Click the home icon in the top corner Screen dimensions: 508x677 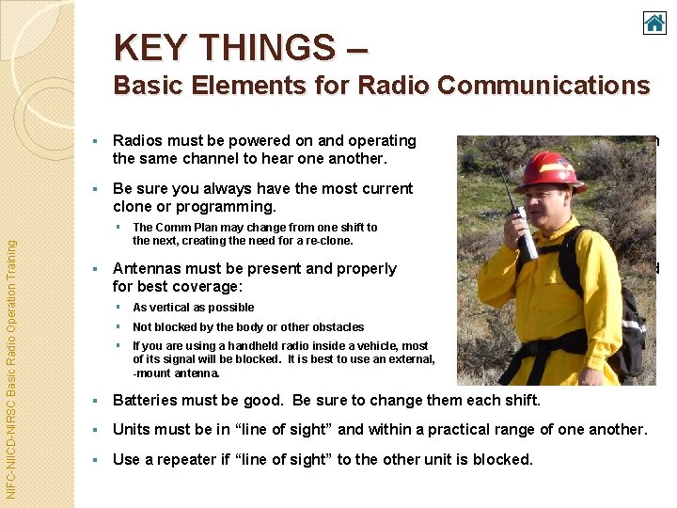(654, 23)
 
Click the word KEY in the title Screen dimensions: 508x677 (151, 46)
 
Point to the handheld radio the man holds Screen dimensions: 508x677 (521, 226)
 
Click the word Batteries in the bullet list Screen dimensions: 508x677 (148, 400)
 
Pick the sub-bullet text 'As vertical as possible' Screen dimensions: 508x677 (193, 307)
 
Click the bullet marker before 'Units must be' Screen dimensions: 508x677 (98, 430)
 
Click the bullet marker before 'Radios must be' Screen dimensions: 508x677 (98, 141)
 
